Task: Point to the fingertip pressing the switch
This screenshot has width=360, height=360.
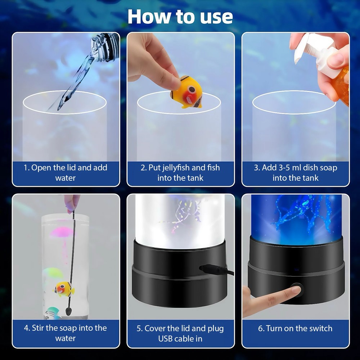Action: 294,290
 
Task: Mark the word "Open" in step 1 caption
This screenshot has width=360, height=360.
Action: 41,168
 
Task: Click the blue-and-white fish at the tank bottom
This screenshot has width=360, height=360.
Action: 53,313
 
